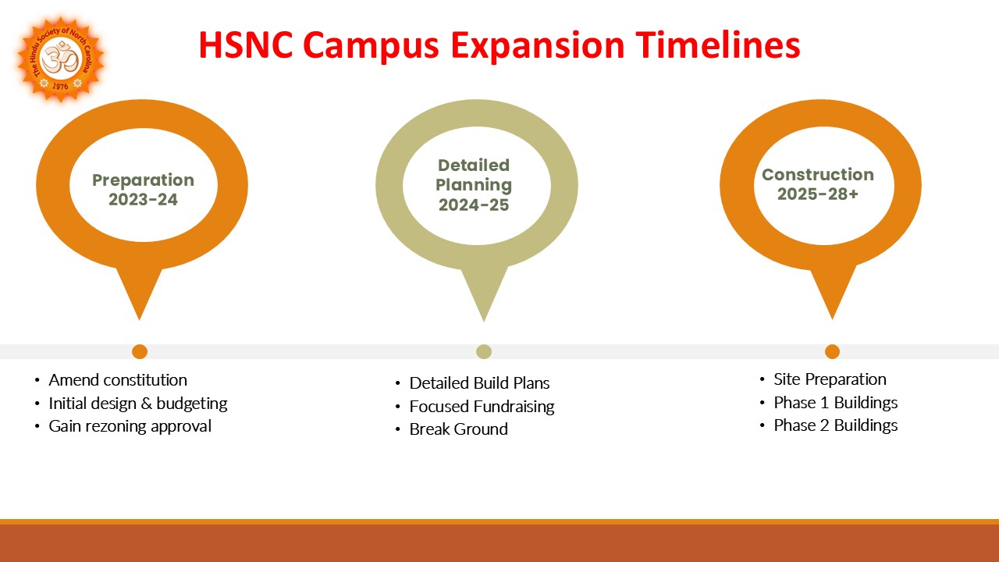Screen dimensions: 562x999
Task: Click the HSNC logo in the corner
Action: tap(60, 59)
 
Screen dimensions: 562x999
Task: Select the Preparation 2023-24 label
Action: tap(143, 190)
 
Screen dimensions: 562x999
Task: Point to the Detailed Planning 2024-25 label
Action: tap(475, 185)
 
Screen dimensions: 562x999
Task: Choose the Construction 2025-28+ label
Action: tap(817, 184)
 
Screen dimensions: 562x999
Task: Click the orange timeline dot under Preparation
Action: tap(140, 351)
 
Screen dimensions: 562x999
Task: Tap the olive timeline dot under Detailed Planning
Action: tap(484, 351)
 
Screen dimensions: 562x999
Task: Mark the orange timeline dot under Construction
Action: tap(832, 351)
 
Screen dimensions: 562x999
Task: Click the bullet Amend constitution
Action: tap(118, 380)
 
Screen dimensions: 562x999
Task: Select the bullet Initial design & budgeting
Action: tap(138, 404)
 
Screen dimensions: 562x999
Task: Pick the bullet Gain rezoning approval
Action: tap(130, 426)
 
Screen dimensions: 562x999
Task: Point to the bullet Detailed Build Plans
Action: tap(479, 383)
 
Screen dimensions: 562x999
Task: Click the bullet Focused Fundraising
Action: tap(482, 407)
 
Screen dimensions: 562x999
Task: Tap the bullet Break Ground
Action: tap(458, 429)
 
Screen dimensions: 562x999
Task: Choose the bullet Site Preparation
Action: tap(830, 379)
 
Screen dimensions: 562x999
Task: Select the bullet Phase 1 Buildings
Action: tap(835, 403)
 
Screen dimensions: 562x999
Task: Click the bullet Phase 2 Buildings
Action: tap(835, 425)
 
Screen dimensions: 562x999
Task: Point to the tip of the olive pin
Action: tap(484, 318)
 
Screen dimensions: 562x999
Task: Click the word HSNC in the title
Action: tap(246, 44)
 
